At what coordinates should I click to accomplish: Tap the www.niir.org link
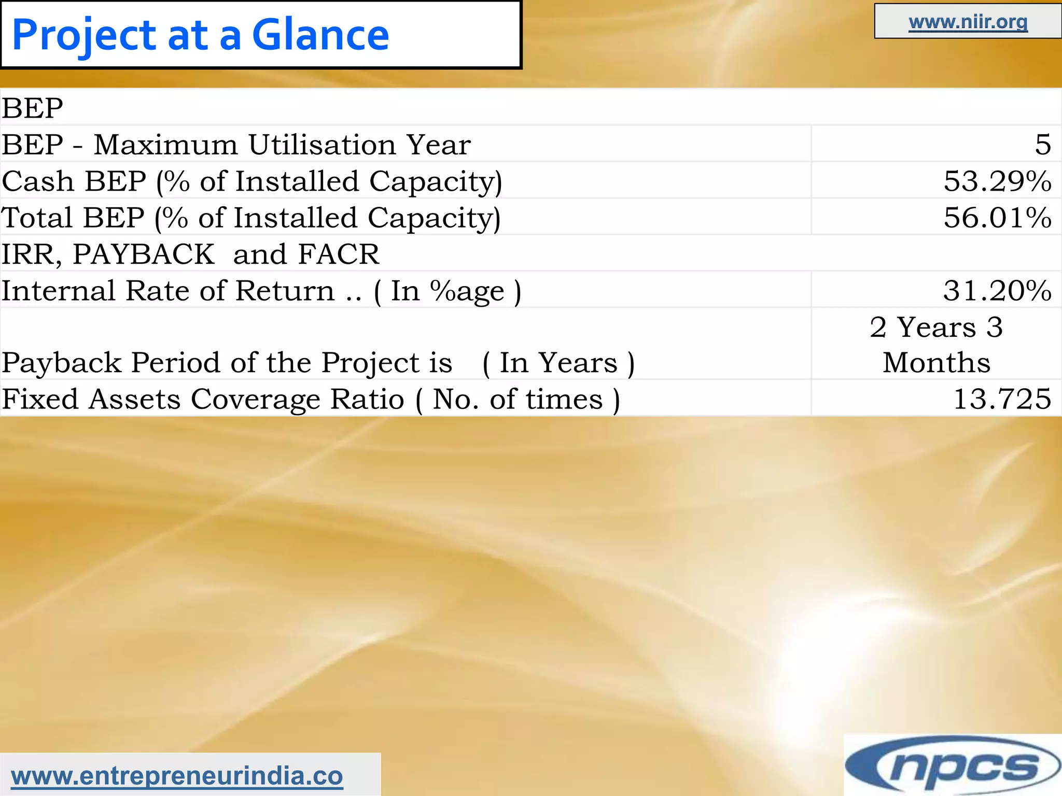point(968,22)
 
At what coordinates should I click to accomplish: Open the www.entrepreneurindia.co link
point(177,776)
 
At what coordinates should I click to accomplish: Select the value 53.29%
point(997,181)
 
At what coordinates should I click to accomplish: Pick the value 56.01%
point(997,217)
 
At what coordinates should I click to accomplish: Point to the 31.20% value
point(997,290)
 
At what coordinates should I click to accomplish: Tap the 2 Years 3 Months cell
point(937,344)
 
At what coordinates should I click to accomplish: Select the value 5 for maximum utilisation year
point(1042,145)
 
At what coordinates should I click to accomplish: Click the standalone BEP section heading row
point(32,108)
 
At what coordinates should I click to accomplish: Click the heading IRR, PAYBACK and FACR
point(190,254)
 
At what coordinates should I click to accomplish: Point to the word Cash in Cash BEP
point(37,181)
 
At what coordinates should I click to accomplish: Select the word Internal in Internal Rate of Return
point(58,291)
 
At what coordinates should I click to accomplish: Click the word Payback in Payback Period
point(61,362)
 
